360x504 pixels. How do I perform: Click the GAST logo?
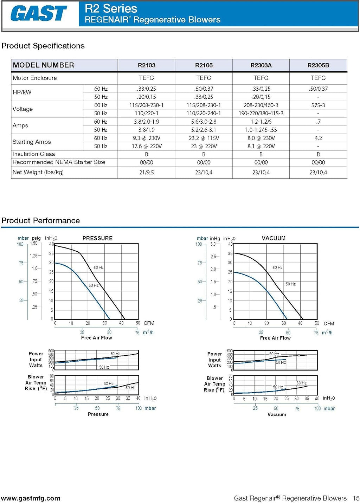click(38, 13)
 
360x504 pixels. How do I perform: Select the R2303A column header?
click(261, 65)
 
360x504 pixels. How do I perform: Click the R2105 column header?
click(204, 65)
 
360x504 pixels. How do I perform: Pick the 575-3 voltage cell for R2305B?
click(318, 105)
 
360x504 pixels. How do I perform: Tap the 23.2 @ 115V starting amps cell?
click(204, 138)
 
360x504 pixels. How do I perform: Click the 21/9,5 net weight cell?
click(147, 172)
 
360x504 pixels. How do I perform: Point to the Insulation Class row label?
click(34, 154)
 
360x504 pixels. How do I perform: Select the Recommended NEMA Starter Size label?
click(59, 162)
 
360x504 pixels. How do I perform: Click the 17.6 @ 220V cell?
click(147, 146)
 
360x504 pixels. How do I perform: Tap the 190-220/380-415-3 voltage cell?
click(261, 113)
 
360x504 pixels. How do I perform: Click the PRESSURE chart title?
click(97, 238)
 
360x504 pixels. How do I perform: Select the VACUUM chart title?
click(274, 238)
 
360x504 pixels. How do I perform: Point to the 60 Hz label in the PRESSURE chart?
click(98, 267)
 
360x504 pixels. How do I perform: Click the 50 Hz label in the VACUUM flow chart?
click(291, 284)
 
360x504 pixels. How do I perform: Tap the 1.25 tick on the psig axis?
click(34, 256)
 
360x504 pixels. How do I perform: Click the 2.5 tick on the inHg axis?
click(213, 257)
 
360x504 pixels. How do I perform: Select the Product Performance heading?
click(40, 220)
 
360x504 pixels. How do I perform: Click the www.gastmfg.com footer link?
click(31, 498)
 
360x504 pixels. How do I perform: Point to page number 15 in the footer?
click(356, 498)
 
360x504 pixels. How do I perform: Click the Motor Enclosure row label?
click(35, 78)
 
